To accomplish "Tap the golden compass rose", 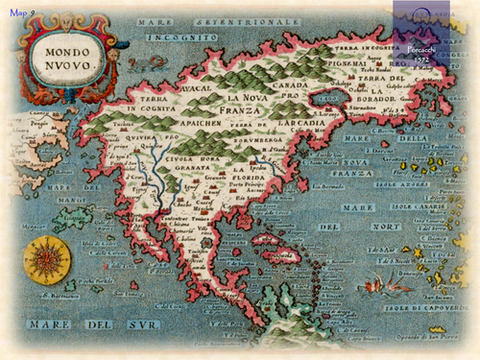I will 43,258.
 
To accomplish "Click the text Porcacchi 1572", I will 422,54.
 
